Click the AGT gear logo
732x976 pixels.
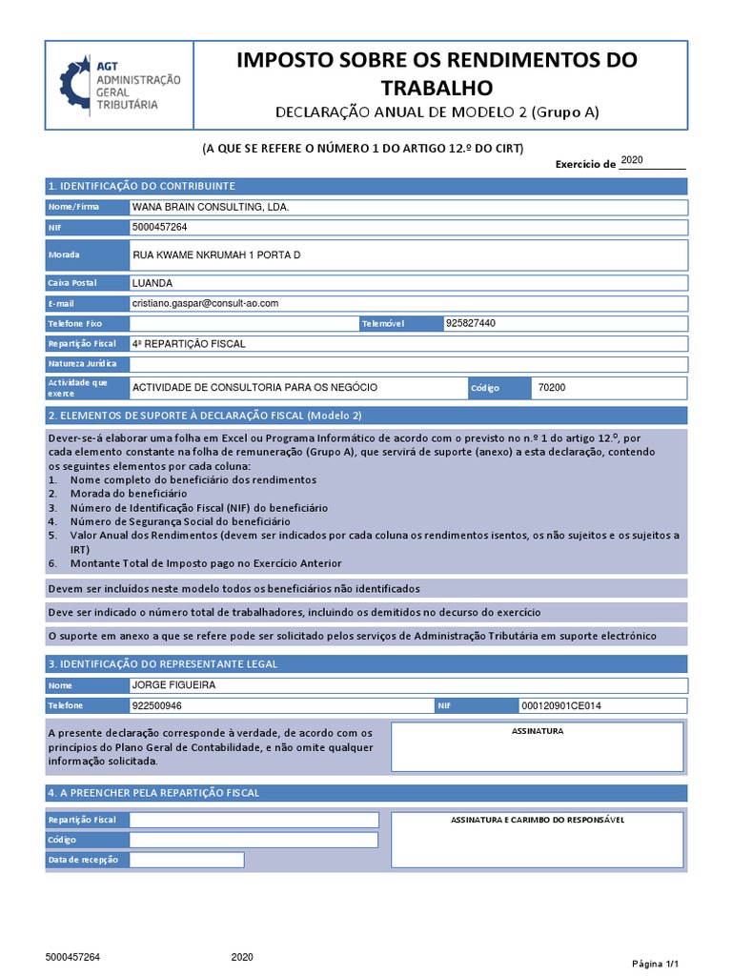[x=75, y=86]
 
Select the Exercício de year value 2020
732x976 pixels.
[x=633, y=160]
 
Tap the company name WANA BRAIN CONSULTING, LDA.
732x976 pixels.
[x=211, y=207]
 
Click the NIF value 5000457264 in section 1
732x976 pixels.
[x=159, y=227]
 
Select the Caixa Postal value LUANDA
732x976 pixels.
[x=152, y=283]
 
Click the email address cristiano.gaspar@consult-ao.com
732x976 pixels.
[x=205, y=302]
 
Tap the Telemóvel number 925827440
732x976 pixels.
[x=470, y=323]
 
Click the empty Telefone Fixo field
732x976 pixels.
[x=242, y=324]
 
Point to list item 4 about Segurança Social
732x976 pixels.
[x=179, y=521]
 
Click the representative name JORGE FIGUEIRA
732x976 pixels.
[x=173, y=685]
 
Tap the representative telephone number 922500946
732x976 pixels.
[x=157, y=705]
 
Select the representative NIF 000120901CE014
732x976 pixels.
[x=561, y=705]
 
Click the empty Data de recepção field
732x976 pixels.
[x=186, y=860]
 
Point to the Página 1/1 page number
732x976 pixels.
[x=656, y=963]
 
